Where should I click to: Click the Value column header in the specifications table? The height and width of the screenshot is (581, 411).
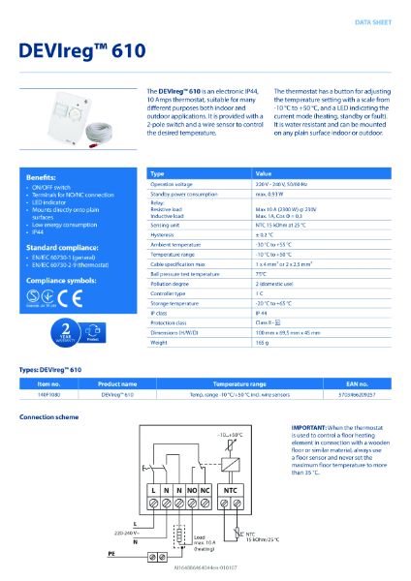265,173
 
